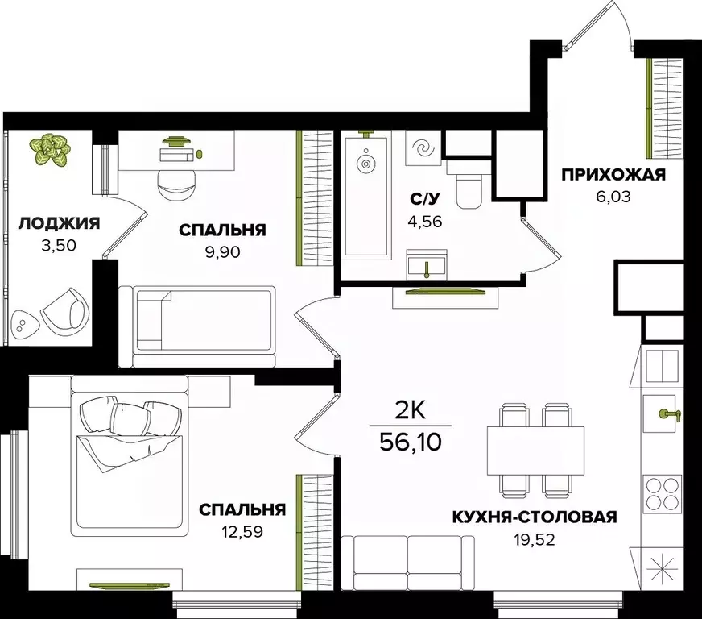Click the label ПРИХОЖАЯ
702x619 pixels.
click(613, 175)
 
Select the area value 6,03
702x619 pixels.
click(613, 196)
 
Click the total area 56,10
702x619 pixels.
click(411, 442)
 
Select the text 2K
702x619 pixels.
click(411, 411)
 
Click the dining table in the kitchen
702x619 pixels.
click(535, 448)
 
